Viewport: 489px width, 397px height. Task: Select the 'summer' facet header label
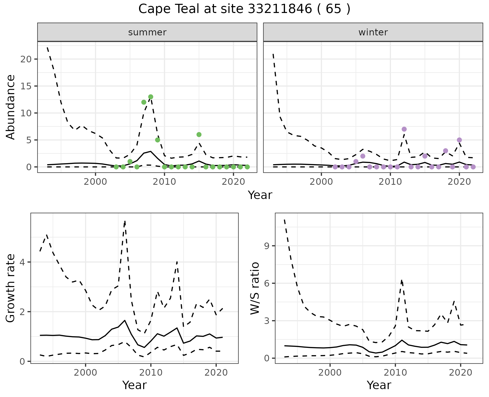[x=147, y=32]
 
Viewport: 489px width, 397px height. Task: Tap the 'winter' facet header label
[x=373, y=32]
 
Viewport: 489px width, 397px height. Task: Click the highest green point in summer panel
[x=151, y=97]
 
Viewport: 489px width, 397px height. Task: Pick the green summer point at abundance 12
[x=144, y=102]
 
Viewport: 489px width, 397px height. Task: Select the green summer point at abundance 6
[x=199, y=134]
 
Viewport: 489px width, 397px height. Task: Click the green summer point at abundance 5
[x=157, y=140]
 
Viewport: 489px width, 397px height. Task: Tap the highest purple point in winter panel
[x=404, y=129]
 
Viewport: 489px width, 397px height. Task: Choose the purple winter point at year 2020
[x=459, y=140]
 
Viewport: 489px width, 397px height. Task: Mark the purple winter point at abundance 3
[x=445, y=151]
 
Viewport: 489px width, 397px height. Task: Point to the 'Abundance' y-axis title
[x=10, y=107]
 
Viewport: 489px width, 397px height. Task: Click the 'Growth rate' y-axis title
[x=10, y=288]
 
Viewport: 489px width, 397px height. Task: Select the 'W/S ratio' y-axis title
[x=255, y=288]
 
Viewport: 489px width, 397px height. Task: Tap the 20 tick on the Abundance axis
[x=25, y=59]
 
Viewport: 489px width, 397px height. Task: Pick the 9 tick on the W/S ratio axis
[x=266, y=246]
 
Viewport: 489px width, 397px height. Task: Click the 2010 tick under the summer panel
[x=164, y=182]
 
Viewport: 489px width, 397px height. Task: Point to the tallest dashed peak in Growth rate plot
[x=125, y=221]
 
